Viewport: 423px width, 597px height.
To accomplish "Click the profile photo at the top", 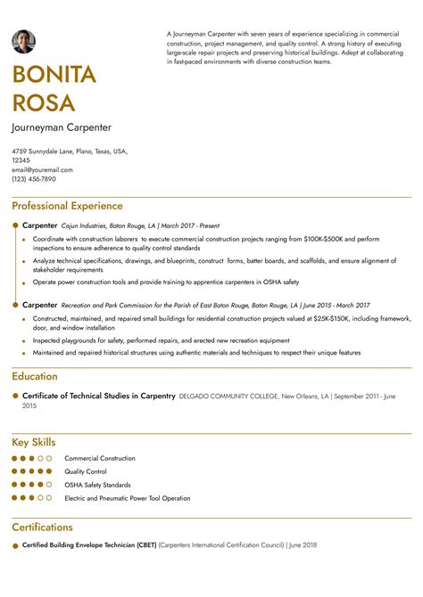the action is point(23,41).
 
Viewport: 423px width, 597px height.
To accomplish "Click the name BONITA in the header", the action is point(54,75).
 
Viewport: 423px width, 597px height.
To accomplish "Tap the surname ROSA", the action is point(43,103).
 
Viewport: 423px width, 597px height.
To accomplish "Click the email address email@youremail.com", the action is point(42,169).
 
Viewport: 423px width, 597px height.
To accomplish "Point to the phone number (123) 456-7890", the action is point(34,178).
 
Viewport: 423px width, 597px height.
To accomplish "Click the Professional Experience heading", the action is point(67,206).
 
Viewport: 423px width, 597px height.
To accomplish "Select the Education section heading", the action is point(35,376).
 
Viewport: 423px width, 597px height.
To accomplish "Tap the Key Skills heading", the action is point(34,442).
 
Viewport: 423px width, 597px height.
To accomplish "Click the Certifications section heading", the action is point(42,527).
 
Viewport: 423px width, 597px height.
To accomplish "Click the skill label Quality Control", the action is point(86,471).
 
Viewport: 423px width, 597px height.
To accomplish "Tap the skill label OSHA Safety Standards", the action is point(97,485).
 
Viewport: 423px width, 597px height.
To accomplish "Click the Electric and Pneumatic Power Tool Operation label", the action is point(127,498).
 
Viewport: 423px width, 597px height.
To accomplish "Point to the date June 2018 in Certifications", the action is point(303,545).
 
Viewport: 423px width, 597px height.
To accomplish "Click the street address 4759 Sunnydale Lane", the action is point(42,151).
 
